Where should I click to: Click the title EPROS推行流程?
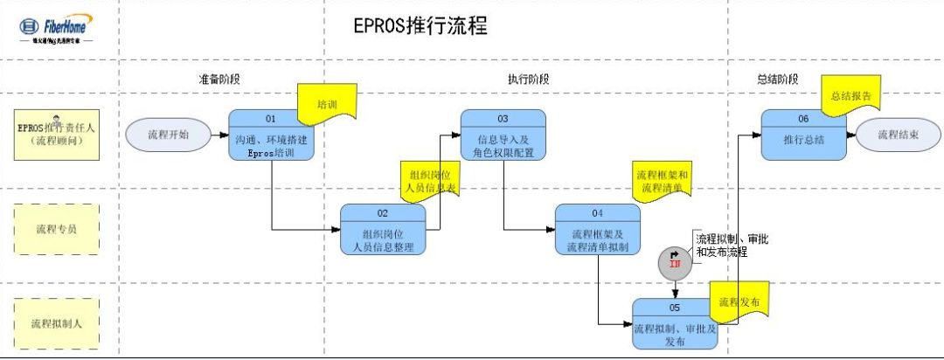coord(420,27)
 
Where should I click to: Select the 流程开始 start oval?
coord(169,135)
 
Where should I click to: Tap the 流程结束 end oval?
coord(899,135)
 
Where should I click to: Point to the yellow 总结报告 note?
coord(850,95)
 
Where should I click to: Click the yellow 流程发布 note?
coord(739,301)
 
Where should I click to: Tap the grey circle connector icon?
coord(674,260)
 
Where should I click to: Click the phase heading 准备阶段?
coord(219,79)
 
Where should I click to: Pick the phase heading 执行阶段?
coord(529,79)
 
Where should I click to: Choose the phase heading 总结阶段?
coord(777,79)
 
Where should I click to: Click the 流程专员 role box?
coord(56,230)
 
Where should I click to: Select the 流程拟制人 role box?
coord(56,324)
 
